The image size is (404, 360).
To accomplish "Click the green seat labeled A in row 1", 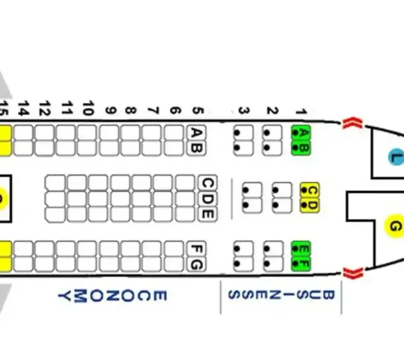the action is click(x=301, y=133).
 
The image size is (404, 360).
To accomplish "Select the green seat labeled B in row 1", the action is click(x=301, y=148).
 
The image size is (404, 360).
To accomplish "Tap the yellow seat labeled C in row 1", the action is click(x=310, y=190).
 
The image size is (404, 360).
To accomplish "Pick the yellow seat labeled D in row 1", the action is click(x=310, y=205).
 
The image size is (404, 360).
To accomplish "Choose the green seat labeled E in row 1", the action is click(x=301, y=249).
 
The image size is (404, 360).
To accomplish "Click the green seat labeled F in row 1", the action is click(x=301, y=264).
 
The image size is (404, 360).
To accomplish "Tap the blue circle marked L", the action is click(x=396, y=157).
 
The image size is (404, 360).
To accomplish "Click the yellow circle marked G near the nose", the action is click(x=394, y=227).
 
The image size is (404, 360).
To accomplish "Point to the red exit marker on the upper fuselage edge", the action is click(x=352, y=123).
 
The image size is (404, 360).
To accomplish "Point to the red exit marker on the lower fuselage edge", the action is click(x=353, y=273).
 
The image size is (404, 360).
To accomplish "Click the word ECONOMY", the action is click(x=112, y=296).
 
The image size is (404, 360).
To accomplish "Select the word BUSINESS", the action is click(x=281, y=295).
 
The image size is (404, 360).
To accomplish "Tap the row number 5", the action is click(x=198, y=111).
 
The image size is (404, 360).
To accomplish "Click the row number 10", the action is click(x=88, y=108).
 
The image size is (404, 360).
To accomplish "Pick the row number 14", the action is click(x=23, y=108).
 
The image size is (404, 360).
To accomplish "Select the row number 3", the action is click(x=244, y=111).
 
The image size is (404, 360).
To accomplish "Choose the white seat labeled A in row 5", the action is click(x=196, y=133).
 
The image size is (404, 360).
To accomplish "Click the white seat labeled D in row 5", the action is click(x=208, y=198).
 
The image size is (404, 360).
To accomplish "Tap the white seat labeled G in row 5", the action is click(x=196, y=264).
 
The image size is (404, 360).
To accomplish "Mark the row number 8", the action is click(x=131, y=111).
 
